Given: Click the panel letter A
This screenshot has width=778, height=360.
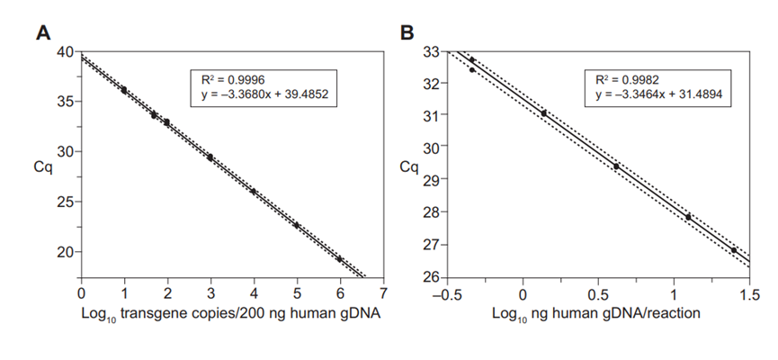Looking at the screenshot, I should pyautogui.click(x=42, y=33).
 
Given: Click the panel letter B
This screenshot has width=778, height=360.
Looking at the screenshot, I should pyautogui.click(x=407, y=33).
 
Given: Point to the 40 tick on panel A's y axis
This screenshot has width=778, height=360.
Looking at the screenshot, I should pyautogui.click(x=65, y=52).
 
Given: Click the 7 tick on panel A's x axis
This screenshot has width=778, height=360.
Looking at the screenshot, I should pyautogui.click(x=383, y=293).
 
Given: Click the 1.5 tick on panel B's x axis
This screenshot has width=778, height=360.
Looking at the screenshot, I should pyautogui.click(x=749, y=293).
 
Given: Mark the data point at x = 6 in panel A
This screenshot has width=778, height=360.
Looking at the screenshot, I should pyautogui.click(x=340, y=259).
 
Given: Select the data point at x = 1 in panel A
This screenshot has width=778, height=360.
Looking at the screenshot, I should pyautogui.click(x=124, y=90).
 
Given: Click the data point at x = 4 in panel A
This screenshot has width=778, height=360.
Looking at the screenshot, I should pyautogui.click(x=254, y=192).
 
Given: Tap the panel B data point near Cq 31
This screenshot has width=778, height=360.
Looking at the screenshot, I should pyautogui.click(x=544, y=113).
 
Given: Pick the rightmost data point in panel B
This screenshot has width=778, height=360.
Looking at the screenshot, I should pyautogui.click(x=734, y=250).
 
